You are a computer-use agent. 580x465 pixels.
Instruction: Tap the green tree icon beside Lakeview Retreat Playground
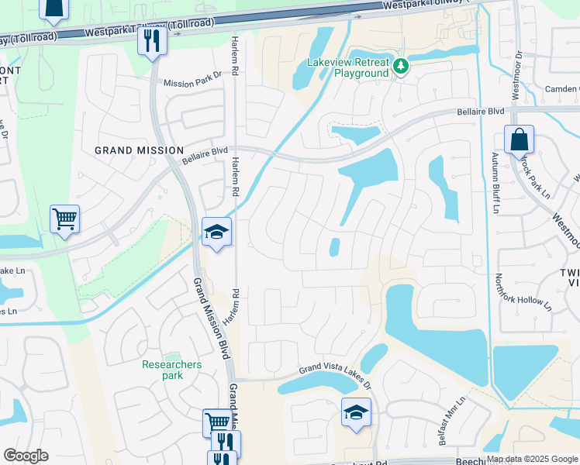click(x=401, y=67)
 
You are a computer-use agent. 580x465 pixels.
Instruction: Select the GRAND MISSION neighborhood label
click(x=139, y=150)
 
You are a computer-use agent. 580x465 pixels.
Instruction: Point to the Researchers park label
click(x=172, y=370)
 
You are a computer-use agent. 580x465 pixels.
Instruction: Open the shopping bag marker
click(x=519, y=140)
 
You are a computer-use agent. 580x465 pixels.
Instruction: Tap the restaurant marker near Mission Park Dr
click(x=152, y=40)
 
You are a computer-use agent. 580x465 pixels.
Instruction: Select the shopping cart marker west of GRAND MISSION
click(x=65, y=219)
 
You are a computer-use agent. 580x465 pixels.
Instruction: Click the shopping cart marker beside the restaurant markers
click(x=217, y=422)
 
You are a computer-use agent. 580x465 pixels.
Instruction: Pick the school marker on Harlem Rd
click(x=217, y=232)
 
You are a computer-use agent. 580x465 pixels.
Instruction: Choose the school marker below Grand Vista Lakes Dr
click(x=356, y=412)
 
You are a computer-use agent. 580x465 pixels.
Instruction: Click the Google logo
click(x=26, y=456)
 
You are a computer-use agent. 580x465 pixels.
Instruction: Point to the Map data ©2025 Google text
click(x=531, y=459)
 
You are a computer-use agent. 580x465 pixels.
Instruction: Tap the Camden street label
click(x=561, y=89)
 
